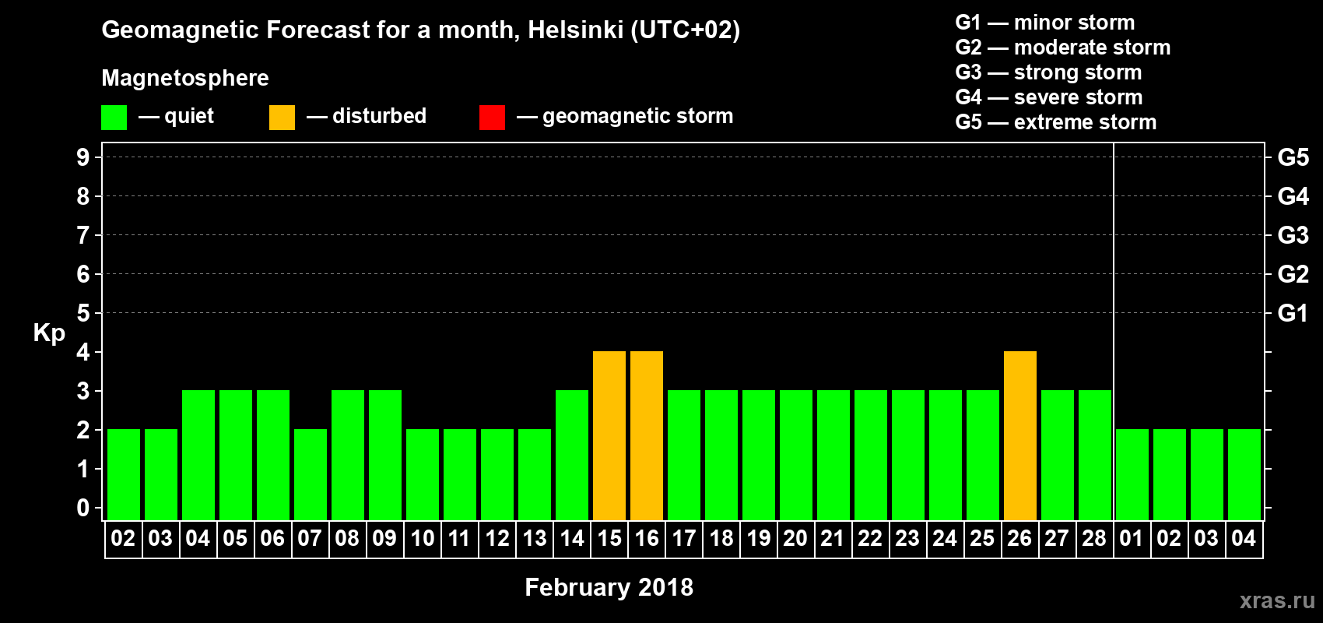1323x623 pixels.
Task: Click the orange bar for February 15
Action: point(609,435)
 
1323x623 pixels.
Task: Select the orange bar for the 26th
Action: point(1020,435)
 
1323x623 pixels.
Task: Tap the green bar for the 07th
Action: point(311,474)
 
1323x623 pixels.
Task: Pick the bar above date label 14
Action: point(572,455)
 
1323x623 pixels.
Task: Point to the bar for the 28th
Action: point(1095,455)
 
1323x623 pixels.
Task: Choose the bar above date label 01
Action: point(1132,474)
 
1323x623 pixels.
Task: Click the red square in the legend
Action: point(492,118)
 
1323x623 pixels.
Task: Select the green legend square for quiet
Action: point(114,118)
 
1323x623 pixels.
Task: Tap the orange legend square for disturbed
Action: point(282,118)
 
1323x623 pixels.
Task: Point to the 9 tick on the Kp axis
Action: point(83,157)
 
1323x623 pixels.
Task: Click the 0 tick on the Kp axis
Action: point(83,508)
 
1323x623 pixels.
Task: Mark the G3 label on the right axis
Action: point(1293,235)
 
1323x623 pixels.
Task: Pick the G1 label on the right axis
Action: point(1293,313)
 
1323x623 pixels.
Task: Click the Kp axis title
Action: point(49,333)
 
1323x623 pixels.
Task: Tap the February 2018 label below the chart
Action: point(609,587)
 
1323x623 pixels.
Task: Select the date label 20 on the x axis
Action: point(795,538)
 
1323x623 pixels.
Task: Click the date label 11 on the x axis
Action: point(459,538)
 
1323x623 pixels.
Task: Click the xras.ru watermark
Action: point(1277,600)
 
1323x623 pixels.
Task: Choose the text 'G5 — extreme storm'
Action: point(1055,122)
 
